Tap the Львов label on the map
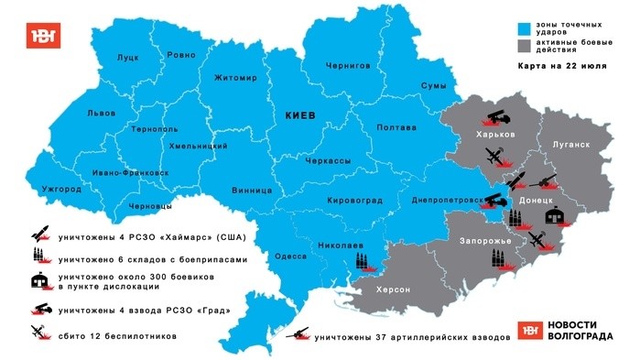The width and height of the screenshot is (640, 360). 101,113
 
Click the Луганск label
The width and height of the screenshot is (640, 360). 570,145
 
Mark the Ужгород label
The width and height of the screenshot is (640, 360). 61,190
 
